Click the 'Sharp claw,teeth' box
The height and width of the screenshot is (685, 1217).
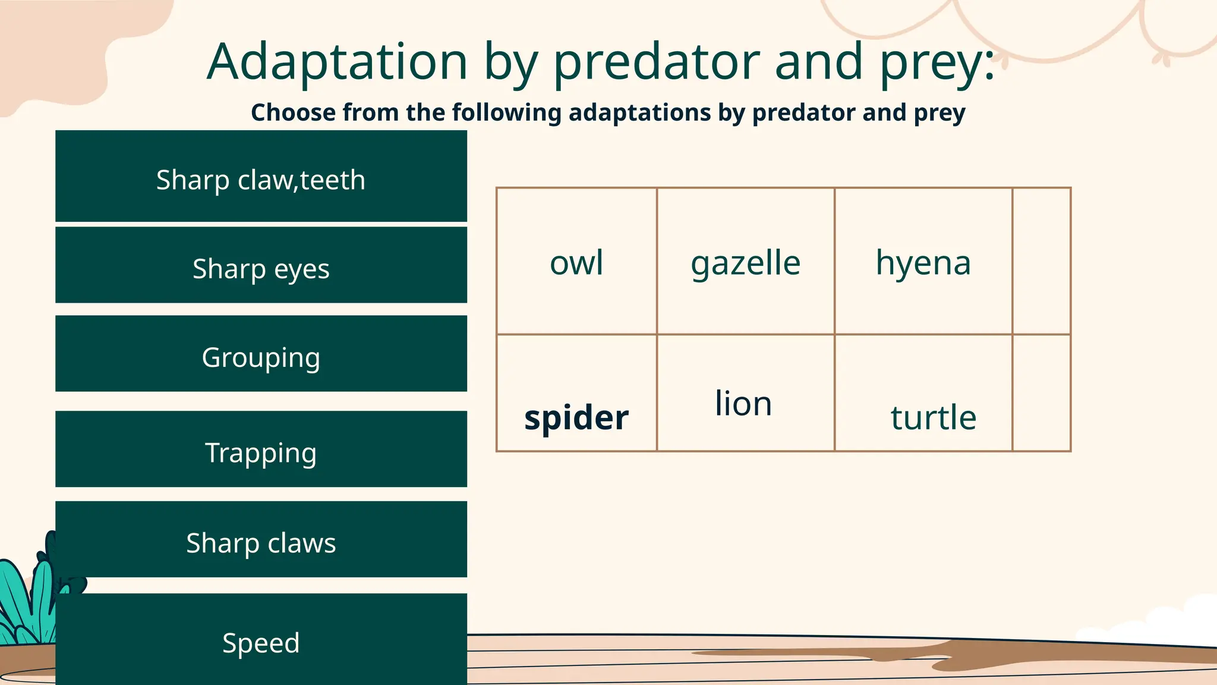pos(261,177)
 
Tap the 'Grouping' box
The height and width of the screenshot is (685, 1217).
pos(261,354)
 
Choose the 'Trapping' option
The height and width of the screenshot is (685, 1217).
pos(261,450)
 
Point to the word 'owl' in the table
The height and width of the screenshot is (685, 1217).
pos(576,263)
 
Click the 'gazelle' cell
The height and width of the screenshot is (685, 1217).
pos(745,263)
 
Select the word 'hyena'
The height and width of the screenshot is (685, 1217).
pos(923,263)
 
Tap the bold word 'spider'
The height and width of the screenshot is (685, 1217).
pos(576,417)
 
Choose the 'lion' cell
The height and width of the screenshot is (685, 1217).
pos(743,404)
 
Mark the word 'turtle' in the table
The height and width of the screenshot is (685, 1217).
pos(933,417)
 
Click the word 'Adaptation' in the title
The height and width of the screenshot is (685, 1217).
pos(337,62)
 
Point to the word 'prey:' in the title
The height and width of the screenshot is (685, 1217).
pos(937,62)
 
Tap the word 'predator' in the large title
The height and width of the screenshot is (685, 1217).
pos(656,62)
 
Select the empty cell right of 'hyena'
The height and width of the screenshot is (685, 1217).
pos(1041,262)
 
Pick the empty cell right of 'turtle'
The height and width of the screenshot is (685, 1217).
pos(1041,393)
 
